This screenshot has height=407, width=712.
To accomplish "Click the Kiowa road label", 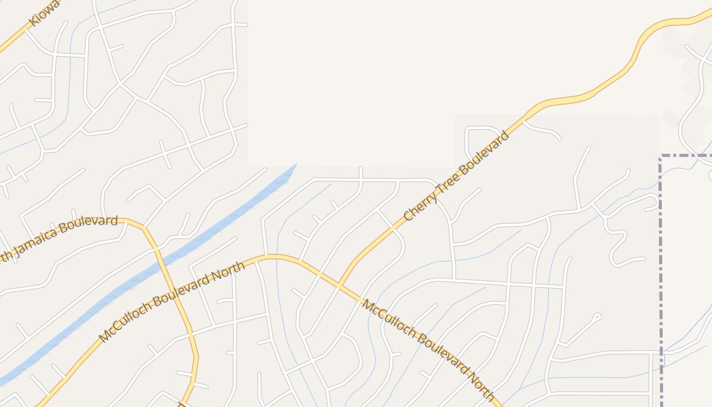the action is (x=45, y=13).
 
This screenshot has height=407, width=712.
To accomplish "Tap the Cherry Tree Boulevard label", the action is (x=456, y=176).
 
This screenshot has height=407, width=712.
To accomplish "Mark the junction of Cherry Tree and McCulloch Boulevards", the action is (x=339, y=285).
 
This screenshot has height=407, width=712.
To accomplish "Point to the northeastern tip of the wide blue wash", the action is (x=295, y=165).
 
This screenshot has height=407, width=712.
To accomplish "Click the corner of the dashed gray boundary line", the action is (x=660, y=156).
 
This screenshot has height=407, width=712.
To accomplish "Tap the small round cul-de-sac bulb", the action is (x=597, y=316).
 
